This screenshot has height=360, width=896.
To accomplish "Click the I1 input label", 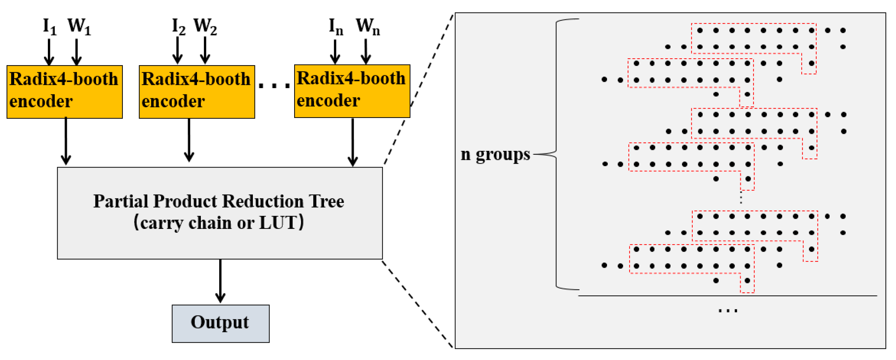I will point(49,26).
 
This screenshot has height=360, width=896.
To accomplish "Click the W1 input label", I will point(79,26).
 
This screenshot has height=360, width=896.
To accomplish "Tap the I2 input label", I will point(178,26).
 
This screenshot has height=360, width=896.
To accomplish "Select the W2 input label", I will point(205,26).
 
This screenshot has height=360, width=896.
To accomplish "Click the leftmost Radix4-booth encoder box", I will point(65,92).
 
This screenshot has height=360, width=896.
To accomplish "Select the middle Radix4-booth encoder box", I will point(197,92).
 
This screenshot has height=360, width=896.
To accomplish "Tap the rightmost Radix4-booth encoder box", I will point(352,91).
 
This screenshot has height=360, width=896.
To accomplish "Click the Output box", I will point(221,324).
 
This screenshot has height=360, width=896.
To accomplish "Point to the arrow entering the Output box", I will point(220,282).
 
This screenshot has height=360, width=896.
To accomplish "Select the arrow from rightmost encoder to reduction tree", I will point(353,143).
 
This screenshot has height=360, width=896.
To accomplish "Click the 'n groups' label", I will point(495,154).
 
